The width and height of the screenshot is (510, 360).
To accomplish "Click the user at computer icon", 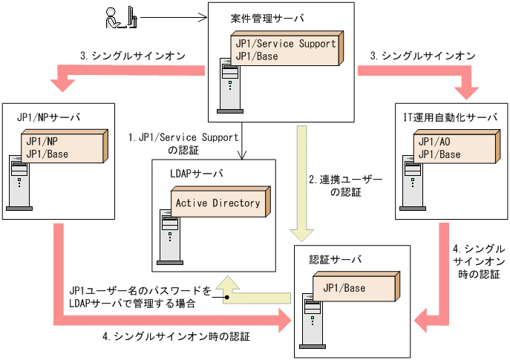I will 120,17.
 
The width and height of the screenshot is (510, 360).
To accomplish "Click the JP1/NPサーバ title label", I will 48,117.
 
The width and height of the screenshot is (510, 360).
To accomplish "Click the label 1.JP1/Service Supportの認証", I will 184,143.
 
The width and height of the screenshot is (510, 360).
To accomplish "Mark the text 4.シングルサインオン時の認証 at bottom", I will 176,336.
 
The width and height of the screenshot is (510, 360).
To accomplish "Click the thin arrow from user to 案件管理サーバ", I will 172,16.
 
